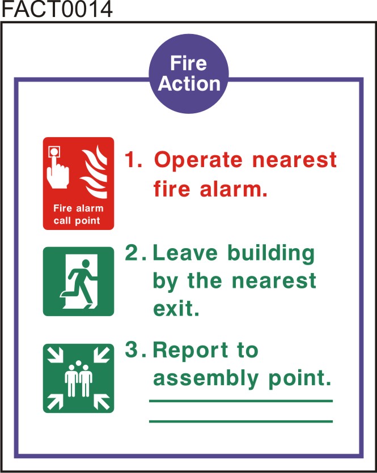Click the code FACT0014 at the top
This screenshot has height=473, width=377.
tap(57, 10)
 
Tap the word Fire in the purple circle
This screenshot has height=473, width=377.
tap(188, 63)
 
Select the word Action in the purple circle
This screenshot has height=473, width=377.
tap(189, 83)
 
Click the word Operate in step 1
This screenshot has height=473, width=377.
tap(198, 160)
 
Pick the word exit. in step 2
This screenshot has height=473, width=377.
tap(176, 308)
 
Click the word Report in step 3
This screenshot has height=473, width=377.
tap(190, 350)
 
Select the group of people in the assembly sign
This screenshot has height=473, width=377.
tap(78, 378)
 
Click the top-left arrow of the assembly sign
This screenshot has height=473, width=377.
tap(55, 355)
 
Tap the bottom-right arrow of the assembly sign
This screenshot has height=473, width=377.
tap(101, 402)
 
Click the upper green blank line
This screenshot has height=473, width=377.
tap(241, 401)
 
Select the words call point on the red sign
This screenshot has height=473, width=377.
tap(77, 221)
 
